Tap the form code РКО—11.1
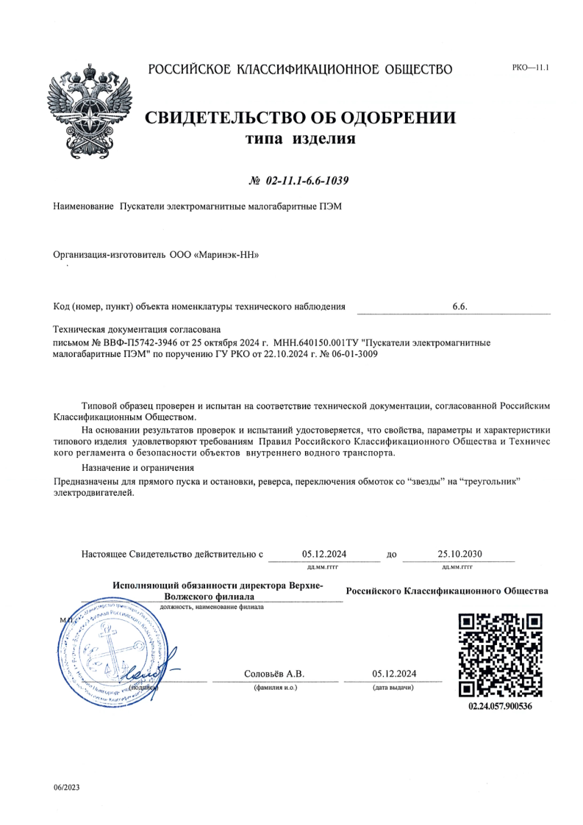click(530, 68)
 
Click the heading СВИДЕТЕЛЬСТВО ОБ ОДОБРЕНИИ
click(299, 118)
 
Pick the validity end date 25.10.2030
click(459, 554)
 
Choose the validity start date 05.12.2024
click(324, 554)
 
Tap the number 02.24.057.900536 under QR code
click(500, 707)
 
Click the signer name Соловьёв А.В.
click(273, 674)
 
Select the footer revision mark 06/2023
click(67, 788)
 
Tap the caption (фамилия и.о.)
click(274, 688)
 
